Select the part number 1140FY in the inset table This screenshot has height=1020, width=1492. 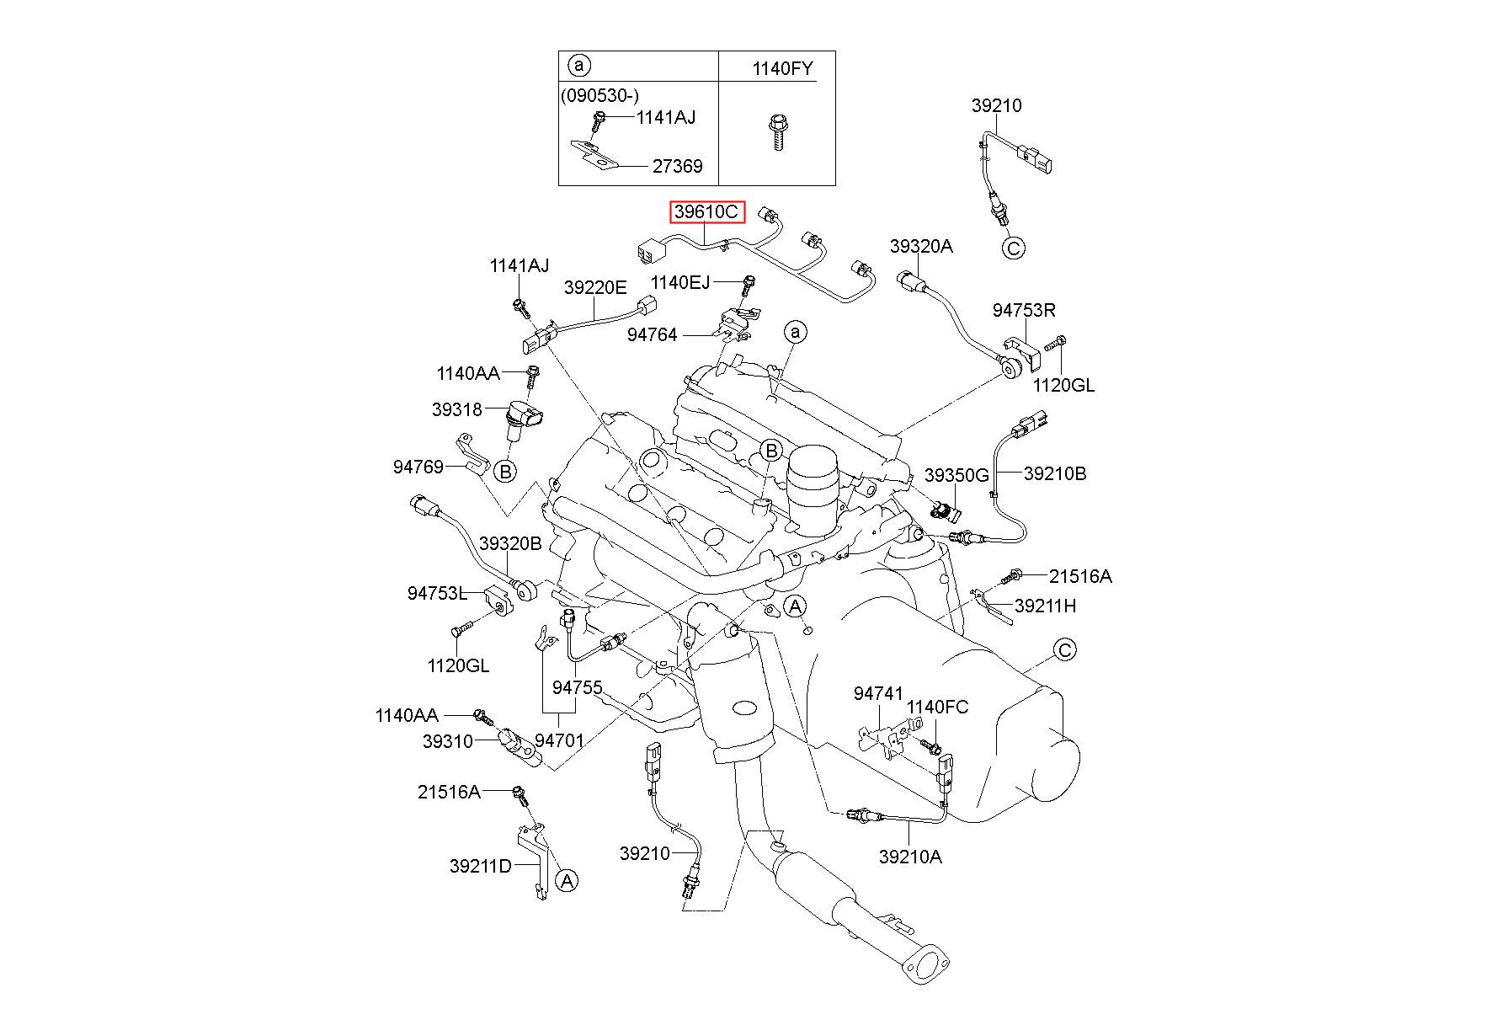[782, 69]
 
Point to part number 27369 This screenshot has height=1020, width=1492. [677, 167]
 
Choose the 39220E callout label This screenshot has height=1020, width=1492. [595, 288]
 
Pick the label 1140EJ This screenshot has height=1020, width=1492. [680, 282]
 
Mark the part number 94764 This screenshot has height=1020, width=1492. [652, 335]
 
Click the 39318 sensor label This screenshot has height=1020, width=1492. [457, 410]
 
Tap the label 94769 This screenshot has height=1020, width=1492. [418, 466]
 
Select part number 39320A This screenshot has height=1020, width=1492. [921, 246]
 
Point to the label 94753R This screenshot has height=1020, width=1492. [1024, 310]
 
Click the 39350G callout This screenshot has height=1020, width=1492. [956, 475]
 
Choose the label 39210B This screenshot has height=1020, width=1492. [1055, 474]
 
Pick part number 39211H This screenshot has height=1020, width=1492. [1046, 606]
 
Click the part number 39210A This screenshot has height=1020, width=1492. [910, 857]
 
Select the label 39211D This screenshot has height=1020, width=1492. [481, 866]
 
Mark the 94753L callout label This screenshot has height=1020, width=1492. [437, 594]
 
